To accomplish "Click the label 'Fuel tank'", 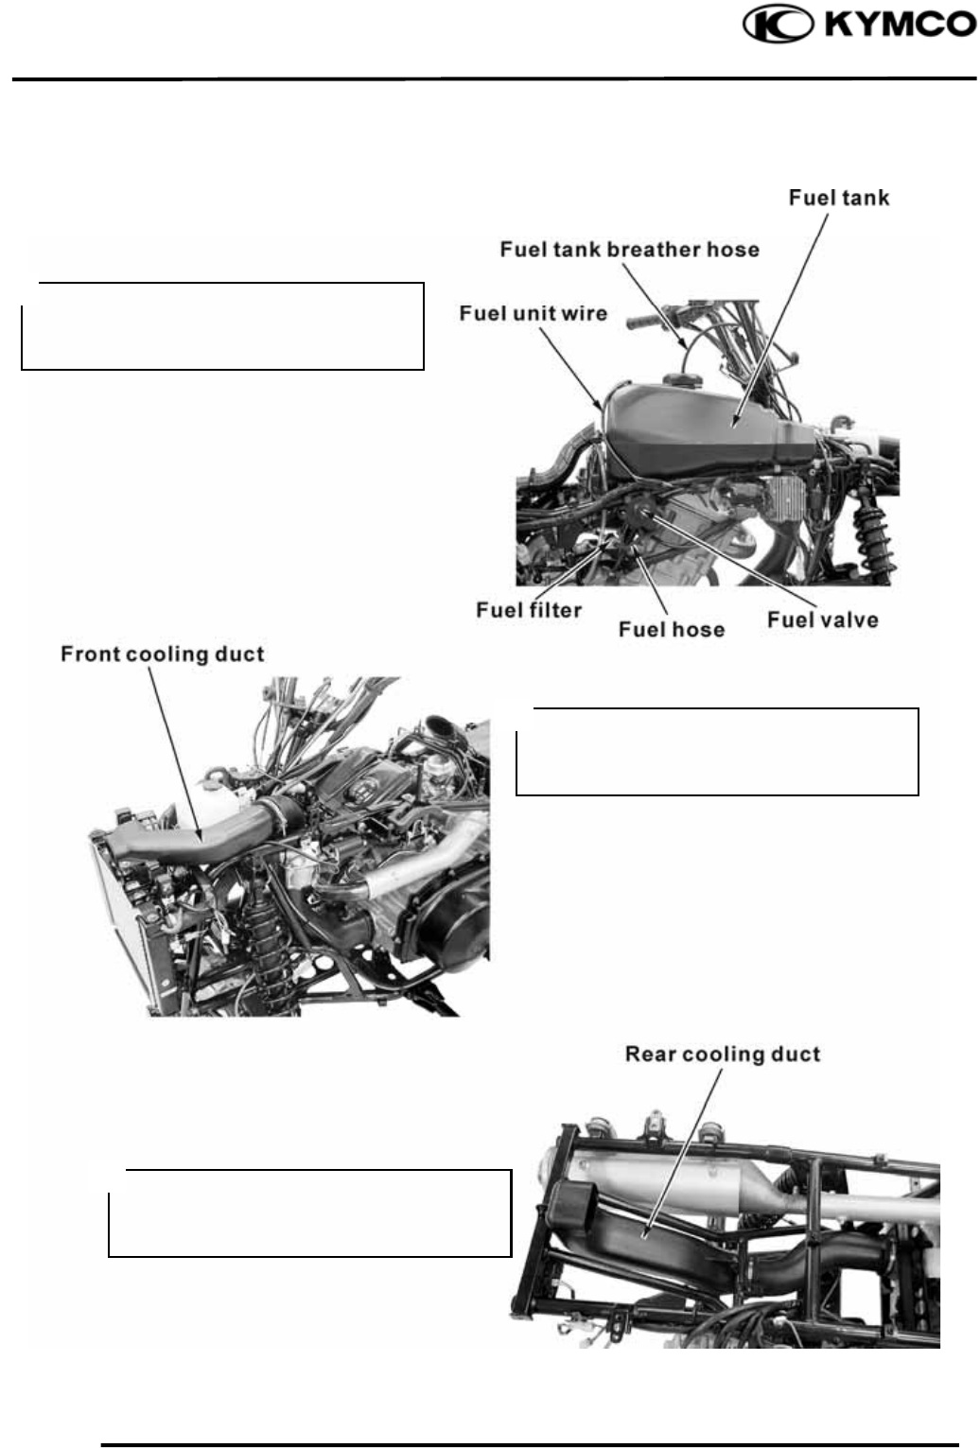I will point(839,198).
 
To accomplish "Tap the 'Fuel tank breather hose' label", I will point(629,250).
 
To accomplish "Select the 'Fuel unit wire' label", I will point(534,313).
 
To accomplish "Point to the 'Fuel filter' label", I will point(529,610).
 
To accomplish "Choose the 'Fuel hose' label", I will point(671,630).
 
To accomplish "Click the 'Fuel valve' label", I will point(822,620).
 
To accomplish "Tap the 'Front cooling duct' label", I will point(162,654).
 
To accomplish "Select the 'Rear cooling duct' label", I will point(722,1055).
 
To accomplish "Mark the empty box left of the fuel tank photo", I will point(222,325).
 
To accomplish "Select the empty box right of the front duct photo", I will point(717,751).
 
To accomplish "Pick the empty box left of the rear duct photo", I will point(309,1213).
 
